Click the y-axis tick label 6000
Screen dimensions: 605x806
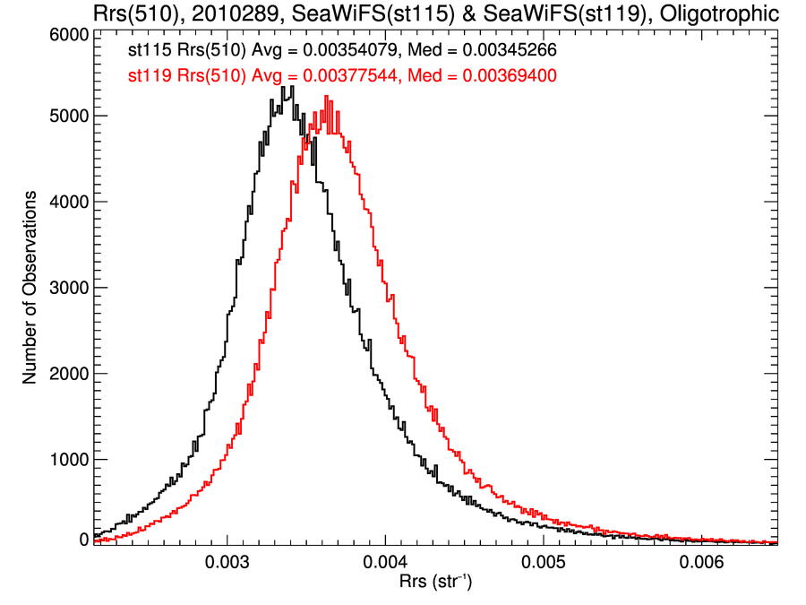pyautogui.click(x=67, y=35)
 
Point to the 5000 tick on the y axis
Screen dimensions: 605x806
pyautogui.click(x=67, y=116)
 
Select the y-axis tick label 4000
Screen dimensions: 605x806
pyautogui.click(x=67, y=202)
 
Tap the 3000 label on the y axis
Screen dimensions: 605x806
pyautogui.click(x=67, y=288)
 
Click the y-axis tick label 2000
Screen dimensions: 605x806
pyautogui.click(x=67, y=374)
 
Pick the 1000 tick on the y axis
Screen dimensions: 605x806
pyautogui.click(x=67, y=460)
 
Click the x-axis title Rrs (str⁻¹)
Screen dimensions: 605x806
pyautogui.click(x=435, y=583)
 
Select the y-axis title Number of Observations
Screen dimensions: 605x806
pyautogui.click(x=30, y=288)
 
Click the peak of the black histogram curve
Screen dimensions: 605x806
pyautogui.click(x=282, y=87)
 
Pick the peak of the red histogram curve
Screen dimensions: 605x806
pyautogui.click(x=326, y=97)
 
